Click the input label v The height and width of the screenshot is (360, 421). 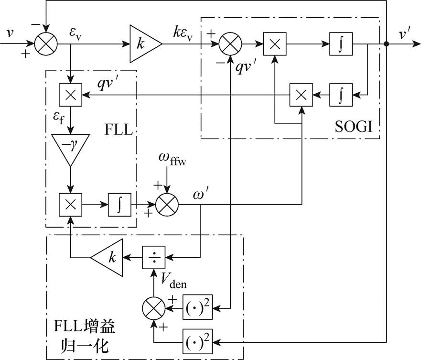tap(10, 33)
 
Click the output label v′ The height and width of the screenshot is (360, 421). tap(404, 34)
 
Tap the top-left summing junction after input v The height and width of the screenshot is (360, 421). tap(46, 44)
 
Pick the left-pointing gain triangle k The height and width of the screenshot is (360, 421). tap(107, 258)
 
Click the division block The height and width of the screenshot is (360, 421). tap(153, 258)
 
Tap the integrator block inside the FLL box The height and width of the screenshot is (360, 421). tap(120, 205)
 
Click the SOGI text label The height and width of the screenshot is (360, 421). tap(354, 126)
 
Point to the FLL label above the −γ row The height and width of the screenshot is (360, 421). tap(119, 130)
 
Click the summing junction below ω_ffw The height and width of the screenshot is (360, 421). tap(167, 205)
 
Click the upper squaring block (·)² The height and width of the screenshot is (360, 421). tap(198, 307)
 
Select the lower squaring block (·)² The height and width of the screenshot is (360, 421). tap(198, 341)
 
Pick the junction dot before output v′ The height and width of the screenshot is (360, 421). tap(387, 44)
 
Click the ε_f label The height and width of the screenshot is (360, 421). tap(59, 118)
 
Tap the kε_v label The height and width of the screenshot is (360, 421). tap(183, 34)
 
